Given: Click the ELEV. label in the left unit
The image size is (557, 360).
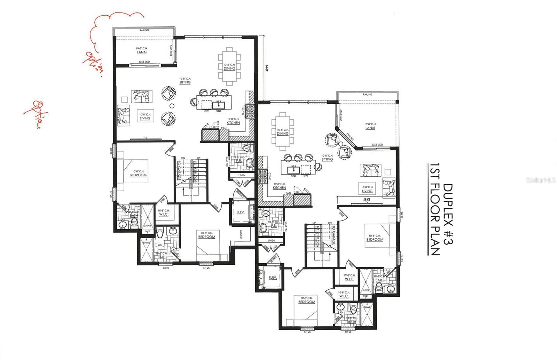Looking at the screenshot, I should [x=240, y=212].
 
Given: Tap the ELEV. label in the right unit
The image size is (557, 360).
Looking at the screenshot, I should [x=273, y=277].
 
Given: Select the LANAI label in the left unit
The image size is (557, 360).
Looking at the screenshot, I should [x=141, y=52].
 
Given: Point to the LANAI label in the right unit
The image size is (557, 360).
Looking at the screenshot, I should [x=370, y=128].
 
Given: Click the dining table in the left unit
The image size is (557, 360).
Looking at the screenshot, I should [x=229, y=66].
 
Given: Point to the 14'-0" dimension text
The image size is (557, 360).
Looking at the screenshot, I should [x=267, y=69].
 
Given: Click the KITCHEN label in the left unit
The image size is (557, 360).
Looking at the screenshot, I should [x=233, y=123].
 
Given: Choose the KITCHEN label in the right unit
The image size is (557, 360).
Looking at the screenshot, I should [x=279, y=188].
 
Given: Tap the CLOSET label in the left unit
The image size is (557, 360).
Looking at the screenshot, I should [x=241, y=235].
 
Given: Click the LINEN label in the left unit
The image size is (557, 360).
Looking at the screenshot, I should [x=242, y=175].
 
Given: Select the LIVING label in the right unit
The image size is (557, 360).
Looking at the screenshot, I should [x=367, y=191].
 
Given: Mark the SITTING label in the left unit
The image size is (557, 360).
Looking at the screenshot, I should [x=185, y=82].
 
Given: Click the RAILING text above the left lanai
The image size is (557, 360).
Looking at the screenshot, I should [x=144, y=30].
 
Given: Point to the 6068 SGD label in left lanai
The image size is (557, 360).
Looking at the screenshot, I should [x=144, y=62].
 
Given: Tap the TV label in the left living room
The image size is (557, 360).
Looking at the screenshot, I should [x=146, y=138].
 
